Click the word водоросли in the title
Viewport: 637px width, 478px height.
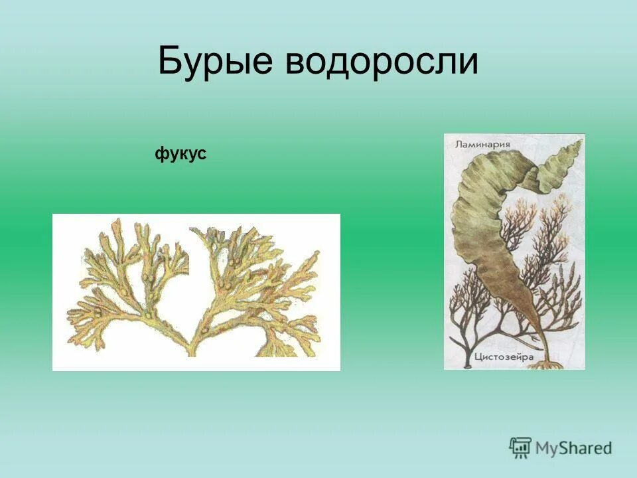(382, 62)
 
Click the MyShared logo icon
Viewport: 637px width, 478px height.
(520, 447)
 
